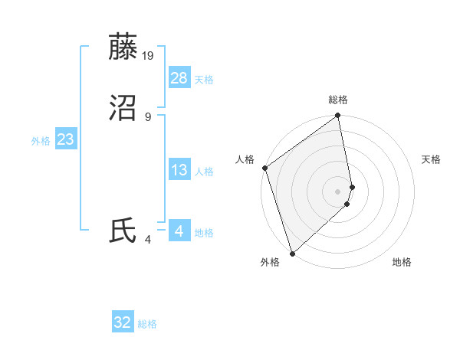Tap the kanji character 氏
pyautogui.click(x=123, y=231)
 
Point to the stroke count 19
pyautogui.click(x=149, y=55)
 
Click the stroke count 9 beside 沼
pyautogui.click(x=148, y=116)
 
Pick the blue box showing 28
pyautogui.click(x=179, y=78)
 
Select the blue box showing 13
pyautogui.click(x=179, y=171)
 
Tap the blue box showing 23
pyautogui.click(x=65, y=139)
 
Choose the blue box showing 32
pyautogui.click(x=123, y=323)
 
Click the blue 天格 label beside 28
pyautogui.click(x=204, y=80)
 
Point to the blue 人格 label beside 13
pyautogui.click(x=204, y=172)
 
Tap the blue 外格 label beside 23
pyautogui.click(x=41, y=141)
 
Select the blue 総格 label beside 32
pyautogui.click(x=147, y=325)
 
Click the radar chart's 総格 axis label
pyautogui.click(x=338, y=100)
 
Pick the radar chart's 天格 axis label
pyautogui.click(x=432, y=159)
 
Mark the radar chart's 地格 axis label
pyautogui.click(x=402, y=262)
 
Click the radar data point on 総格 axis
pyautogui.click(x=338, y=116)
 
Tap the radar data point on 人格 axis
pyautogui.click(x=264, y=168)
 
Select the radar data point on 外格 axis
pyautogui.click(x=292, y=253)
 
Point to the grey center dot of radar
pyautogui.click(x=338, y=191)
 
